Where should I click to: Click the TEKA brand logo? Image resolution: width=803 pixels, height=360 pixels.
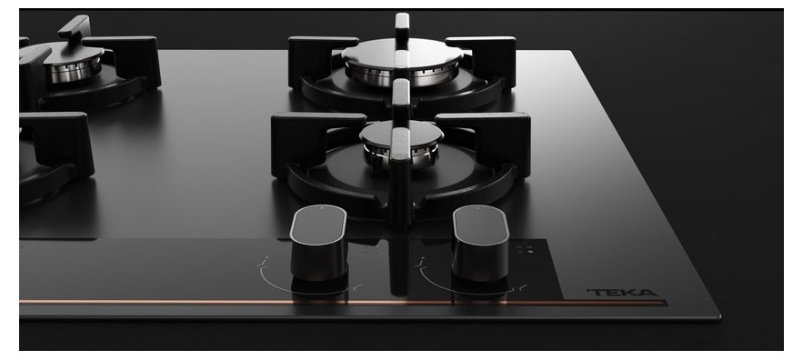click(622, 293)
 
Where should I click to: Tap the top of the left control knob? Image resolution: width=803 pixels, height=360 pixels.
click(318, 225)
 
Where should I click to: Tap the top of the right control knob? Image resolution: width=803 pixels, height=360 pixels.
click(481, 225)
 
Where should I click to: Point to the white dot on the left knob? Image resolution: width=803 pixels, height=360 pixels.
click(322, 208)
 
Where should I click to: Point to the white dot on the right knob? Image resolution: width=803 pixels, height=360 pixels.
click(478, 208)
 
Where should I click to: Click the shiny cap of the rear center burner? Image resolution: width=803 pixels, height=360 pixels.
click(403, 52)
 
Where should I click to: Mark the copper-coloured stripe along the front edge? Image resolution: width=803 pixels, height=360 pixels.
click(342, 302)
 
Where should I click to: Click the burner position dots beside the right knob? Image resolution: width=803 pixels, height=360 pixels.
click(525, 249)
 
